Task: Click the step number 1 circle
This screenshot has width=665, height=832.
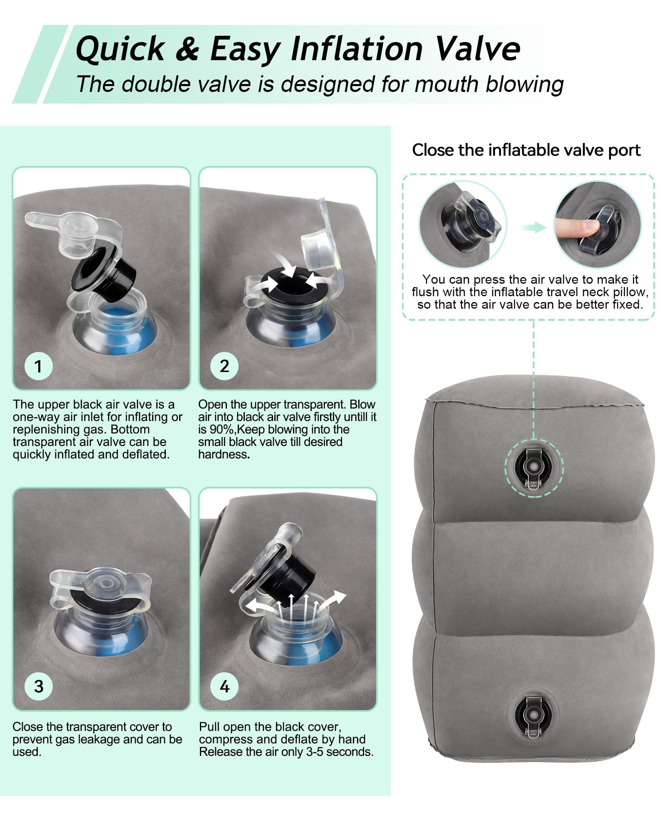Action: click(38, 366)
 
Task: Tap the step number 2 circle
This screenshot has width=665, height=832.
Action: click(224, 366)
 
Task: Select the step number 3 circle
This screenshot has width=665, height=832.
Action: click(39, 686)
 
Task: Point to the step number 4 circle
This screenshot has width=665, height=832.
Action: click(225, 686)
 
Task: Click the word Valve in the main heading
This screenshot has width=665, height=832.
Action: click(477, 49)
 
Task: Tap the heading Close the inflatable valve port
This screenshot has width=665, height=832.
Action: click(526, 150)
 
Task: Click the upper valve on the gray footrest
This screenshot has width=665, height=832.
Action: click(534, 467)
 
